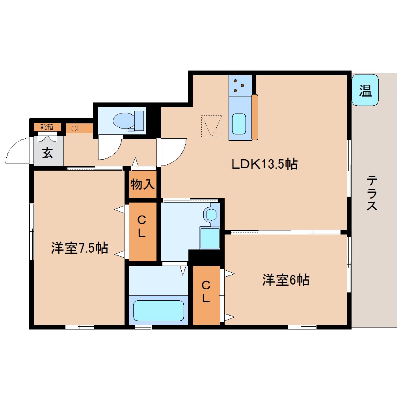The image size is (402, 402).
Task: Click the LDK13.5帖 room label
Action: [264, 164]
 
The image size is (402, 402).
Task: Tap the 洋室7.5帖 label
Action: [80, 248]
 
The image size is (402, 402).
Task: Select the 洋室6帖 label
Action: [286, 280]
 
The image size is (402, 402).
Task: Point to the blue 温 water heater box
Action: [365, 90]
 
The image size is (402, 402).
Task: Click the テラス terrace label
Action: [372, 193]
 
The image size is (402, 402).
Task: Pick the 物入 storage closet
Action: [143, 184]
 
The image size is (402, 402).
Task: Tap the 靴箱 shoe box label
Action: [47, 127]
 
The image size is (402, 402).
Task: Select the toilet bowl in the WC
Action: [124, 121]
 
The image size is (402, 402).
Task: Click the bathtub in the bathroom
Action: [158, 311]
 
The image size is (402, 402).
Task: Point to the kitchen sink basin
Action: [239, 124]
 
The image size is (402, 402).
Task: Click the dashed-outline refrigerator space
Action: [212, 126]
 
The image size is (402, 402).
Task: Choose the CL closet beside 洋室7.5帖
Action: [143, 232]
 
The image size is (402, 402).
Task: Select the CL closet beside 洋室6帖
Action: [206, 295]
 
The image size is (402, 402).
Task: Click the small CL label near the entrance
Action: [76, 128]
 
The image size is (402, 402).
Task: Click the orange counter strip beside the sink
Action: [255, 117]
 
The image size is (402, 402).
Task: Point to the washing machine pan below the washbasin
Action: [210, 238]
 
